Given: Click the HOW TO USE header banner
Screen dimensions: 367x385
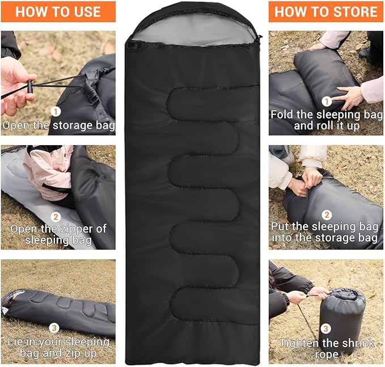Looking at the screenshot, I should [58, 11].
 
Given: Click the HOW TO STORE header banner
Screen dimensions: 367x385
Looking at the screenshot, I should [326, 11].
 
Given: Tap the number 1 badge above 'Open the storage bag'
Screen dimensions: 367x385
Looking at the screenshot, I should [56, 111].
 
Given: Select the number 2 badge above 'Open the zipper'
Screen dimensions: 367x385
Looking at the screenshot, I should [56, 216].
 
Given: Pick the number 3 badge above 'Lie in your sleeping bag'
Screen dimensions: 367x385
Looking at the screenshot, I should [54, 327].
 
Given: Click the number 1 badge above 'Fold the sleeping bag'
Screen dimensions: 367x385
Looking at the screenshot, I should [326, 101].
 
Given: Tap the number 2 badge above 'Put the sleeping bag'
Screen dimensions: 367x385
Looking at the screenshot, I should [327, 214].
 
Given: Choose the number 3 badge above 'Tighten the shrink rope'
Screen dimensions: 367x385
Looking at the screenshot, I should [325, 328].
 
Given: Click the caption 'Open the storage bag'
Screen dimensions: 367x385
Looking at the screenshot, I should [58, 125].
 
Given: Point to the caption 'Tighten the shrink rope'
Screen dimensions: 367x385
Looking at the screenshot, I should [325, 348].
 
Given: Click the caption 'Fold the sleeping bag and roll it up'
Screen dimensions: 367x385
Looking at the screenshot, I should [326, 120].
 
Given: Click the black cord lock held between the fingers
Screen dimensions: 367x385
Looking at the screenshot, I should [29, 86].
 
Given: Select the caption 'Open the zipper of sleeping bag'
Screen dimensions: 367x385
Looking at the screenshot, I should [57, 234].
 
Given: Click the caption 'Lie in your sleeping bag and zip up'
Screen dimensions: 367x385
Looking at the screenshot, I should [58, 348].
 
